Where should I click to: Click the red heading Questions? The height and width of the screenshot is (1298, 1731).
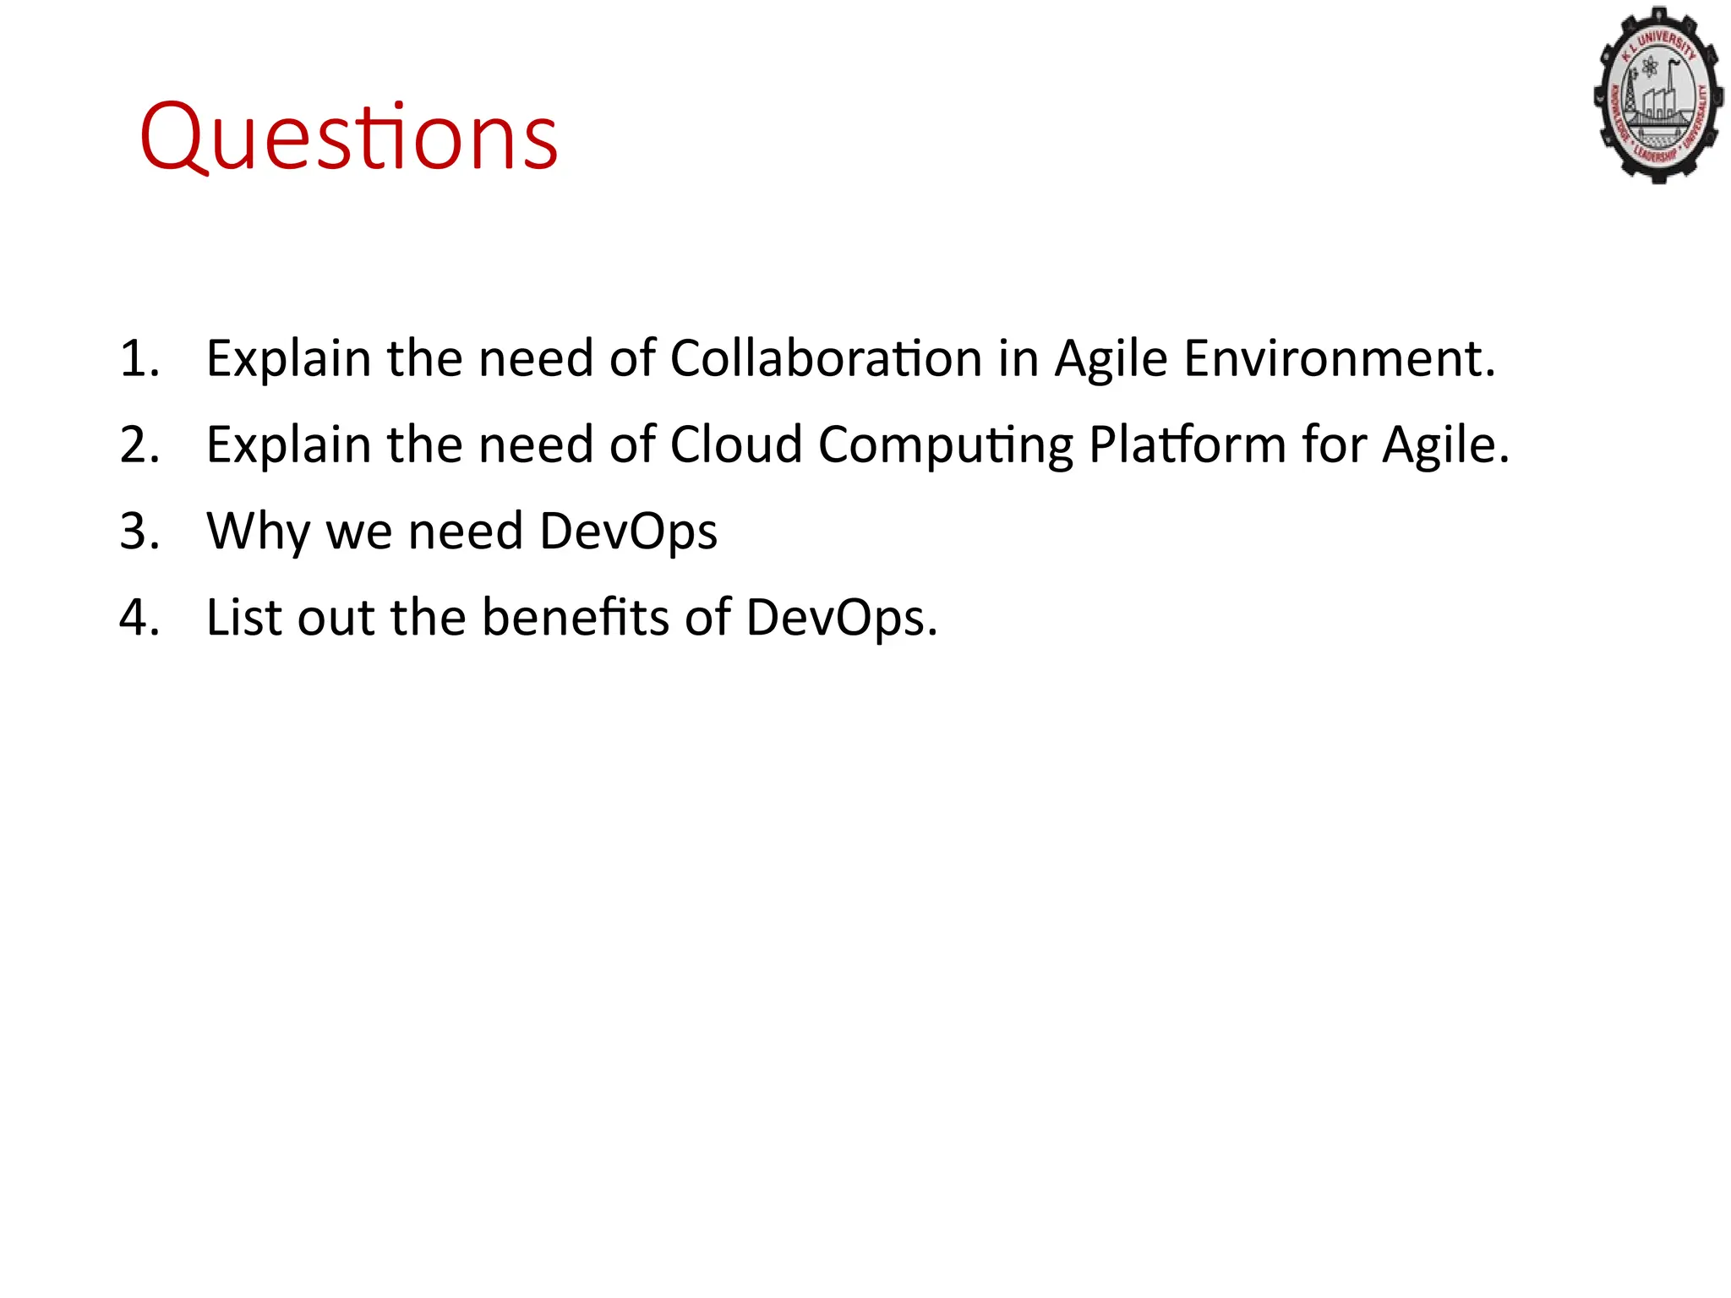(x=348, y=138)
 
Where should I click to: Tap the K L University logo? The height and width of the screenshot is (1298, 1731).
(x=1658, y=95)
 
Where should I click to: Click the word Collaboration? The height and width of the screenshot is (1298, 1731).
(x=826, y=358)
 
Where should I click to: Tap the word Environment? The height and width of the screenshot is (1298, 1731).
(x=1339, y=358)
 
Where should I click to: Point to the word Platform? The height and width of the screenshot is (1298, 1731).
(x=1187, y=444)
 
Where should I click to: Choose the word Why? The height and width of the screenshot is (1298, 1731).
(x=258, y=532)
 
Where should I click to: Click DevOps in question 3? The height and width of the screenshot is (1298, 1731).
(x=628, y=532)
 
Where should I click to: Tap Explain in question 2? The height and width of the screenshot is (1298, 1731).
(x=288, y=446)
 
